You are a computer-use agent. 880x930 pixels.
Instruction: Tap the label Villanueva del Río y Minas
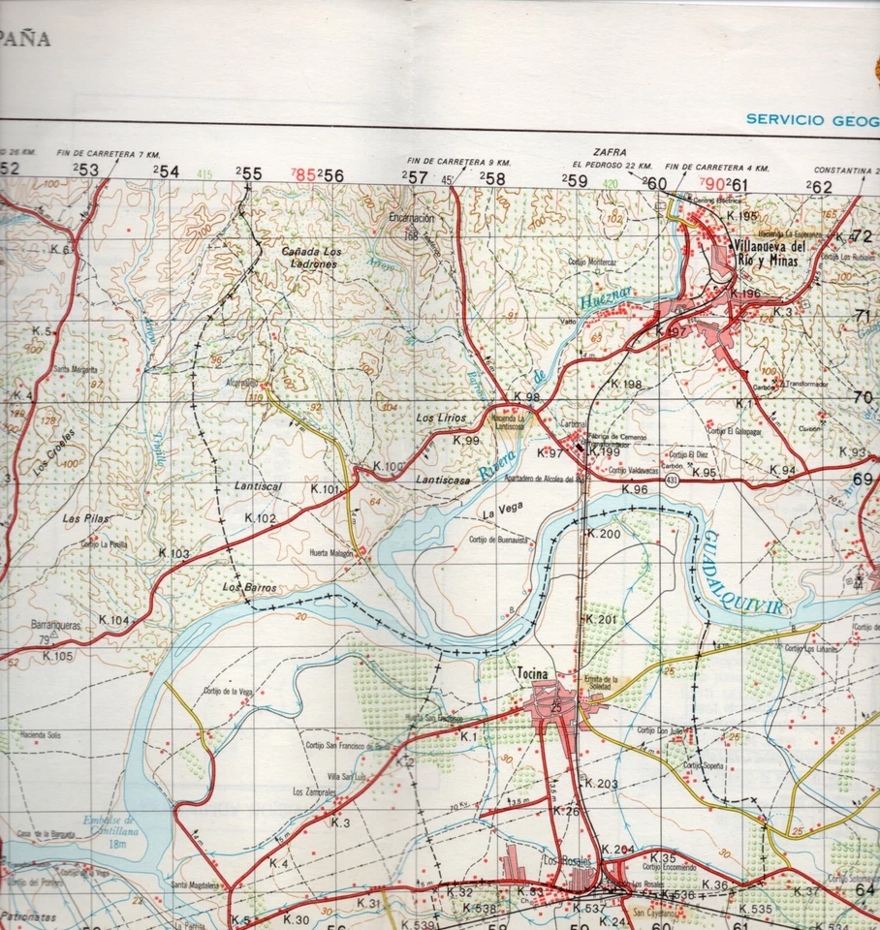click(765, 252)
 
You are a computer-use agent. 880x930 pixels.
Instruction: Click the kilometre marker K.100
click(388, 467)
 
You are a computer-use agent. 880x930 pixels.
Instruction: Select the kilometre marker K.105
click(57, 656)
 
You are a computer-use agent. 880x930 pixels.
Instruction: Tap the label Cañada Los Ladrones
click(310, 258)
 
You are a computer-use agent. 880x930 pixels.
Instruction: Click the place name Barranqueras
click(54, 627)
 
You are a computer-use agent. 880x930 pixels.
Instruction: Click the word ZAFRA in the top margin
click(612, 153)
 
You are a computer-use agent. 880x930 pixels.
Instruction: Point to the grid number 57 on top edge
click(417, 176)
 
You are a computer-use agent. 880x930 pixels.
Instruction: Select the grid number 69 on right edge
click(863, 479)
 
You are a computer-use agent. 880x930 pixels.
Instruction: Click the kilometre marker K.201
click(602, 619)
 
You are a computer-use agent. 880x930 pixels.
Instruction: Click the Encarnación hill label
click(413, 219)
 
